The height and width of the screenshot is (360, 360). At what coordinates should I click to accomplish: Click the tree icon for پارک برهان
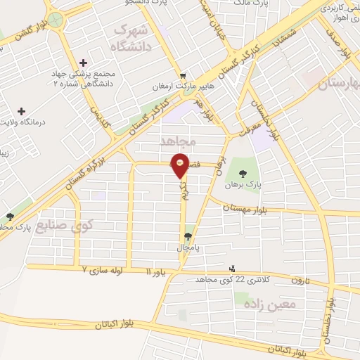[243, 174]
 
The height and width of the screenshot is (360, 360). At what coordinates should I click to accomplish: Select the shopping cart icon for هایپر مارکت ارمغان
[184, 76]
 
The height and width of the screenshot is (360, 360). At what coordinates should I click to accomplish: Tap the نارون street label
[301, 281]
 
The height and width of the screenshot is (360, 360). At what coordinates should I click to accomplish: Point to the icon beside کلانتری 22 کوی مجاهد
[233, 269]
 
